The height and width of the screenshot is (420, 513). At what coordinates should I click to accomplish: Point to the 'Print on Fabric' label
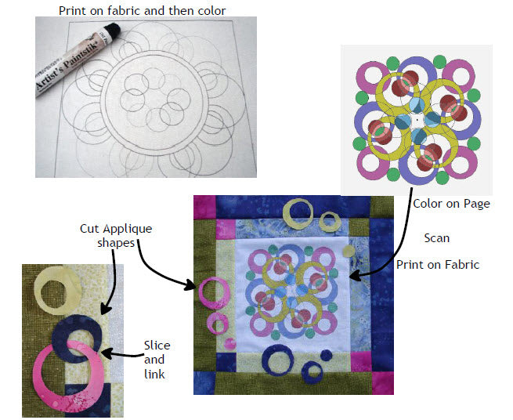coord(438,265)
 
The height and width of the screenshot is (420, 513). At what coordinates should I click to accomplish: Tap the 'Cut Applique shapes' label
coord(116,235)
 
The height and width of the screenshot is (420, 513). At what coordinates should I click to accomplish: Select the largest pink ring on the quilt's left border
coord(214,292)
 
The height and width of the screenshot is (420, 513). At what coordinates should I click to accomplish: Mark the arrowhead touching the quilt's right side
coord(352,276)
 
